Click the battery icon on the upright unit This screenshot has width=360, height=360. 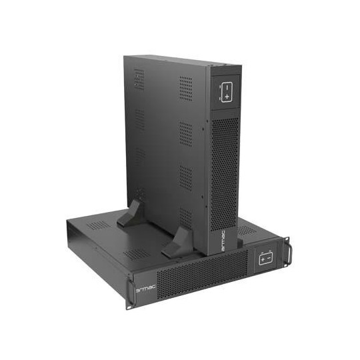pyautogui.click(x=226, y=91)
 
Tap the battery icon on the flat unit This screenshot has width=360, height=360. pyautogui.click(x=265, y=257)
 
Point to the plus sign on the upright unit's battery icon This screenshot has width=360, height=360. pyautogui.click(x=227, y=97)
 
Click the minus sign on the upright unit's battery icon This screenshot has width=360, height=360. pyautogui.click(x=226, y=87)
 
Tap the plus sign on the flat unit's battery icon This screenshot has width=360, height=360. pyautogui.click(x=262, y=257)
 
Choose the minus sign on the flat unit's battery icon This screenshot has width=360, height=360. pyautogui.click(x=269, y=257)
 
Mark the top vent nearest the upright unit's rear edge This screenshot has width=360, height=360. pyautogui.click(x=138, y=79)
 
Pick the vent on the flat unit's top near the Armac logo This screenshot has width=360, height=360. pyautogui.click(x=137, y=254)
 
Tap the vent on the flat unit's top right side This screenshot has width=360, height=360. pyautogui.click(x=247, y=231)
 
